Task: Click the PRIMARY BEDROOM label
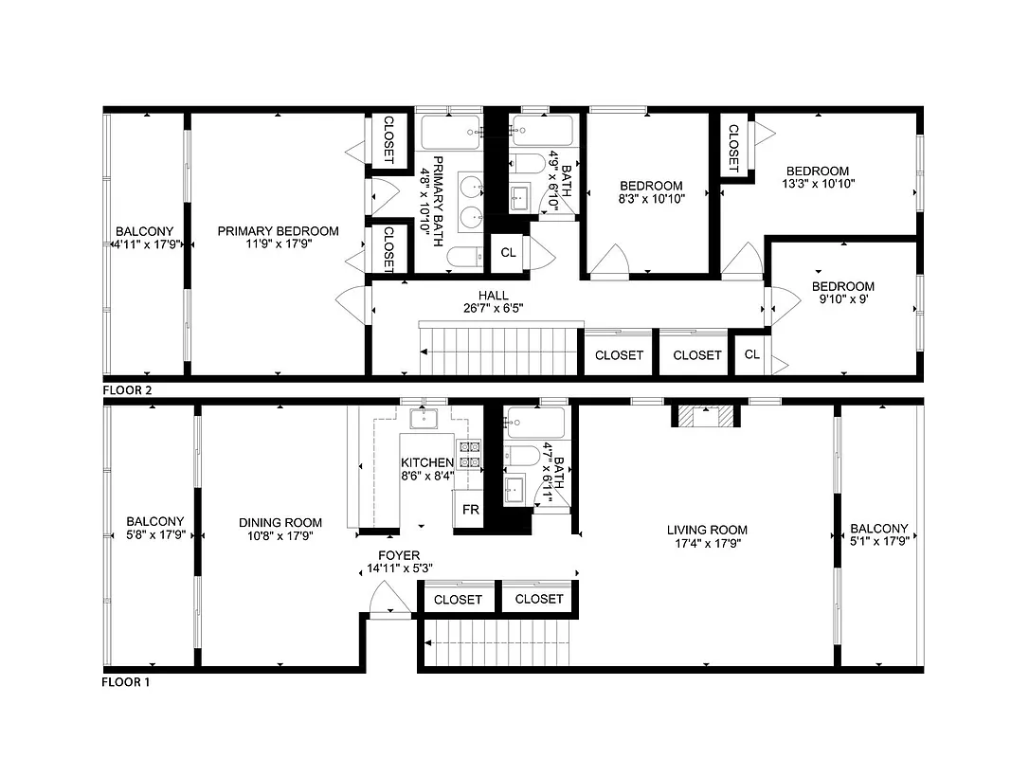click(278, 231)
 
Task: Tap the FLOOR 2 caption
click(126, 389)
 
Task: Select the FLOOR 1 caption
click(126, 681)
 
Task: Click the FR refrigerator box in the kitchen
click(470, 510)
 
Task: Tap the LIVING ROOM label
click(707, 531)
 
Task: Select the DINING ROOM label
click(280, 522)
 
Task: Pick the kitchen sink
click(423, 419)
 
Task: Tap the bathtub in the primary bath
click(450, 130)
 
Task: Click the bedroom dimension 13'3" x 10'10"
click(820, 185)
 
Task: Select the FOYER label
click(398, 556)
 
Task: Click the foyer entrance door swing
click(388, 599)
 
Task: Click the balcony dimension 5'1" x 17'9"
click(878, 543)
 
